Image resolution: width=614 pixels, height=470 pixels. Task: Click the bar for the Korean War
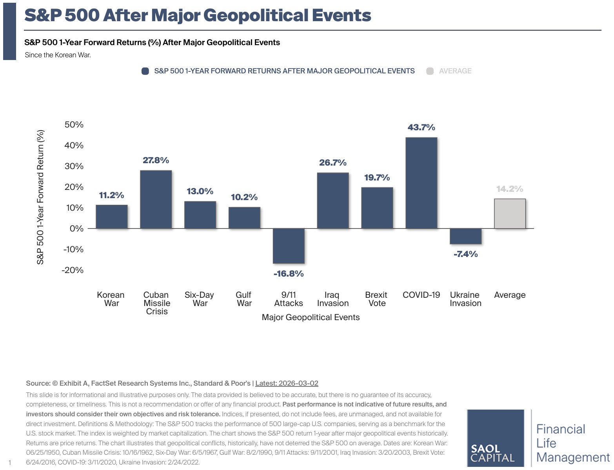click(112, 217)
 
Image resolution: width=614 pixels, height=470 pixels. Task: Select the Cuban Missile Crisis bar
click(156, 199)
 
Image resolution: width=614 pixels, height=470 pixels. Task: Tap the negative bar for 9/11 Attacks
click(289, 246)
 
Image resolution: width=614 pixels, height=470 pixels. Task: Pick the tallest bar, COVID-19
click(421, 183)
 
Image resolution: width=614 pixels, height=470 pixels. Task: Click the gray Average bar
click(510, 213)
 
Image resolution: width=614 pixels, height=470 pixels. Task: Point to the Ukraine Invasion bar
click(465, 237)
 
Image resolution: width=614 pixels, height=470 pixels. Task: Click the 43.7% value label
click(421, 127)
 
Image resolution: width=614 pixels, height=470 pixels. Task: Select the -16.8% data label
click(289, 273)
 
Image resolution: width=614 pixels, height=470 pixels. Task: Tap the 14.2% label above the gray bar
click(510, 189)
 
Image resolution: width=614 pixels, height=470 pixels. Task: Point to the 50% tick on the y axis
click(74, 124)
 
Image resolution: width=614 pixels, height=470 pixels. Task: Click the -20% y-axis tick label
click(73, 270)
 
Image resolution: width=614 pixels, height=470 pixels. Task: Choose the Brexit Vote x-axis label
click(376, 299)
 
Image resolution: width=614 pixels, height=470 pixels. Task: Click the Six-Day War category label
click(200, 299)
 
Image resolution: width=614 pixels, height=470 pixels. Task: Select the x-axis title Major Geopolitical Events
click(311, 317)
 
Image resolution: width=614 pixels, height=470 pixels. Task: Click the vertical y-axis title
click(40, 197)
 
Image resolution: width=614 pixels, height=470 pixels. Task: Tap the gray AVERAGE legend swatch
click(430, 71)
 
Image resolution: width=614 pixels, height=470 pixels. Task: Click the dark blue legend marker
click(145, 71)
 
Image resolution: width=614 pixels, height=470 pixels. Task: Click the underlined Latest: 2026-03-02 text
click(287, 383)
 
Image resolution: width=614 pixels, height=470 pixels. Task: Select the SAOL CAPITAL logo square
click(496, 438)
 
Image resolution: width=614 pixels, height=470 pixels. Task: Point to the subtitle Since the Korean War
click(58, 55)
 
